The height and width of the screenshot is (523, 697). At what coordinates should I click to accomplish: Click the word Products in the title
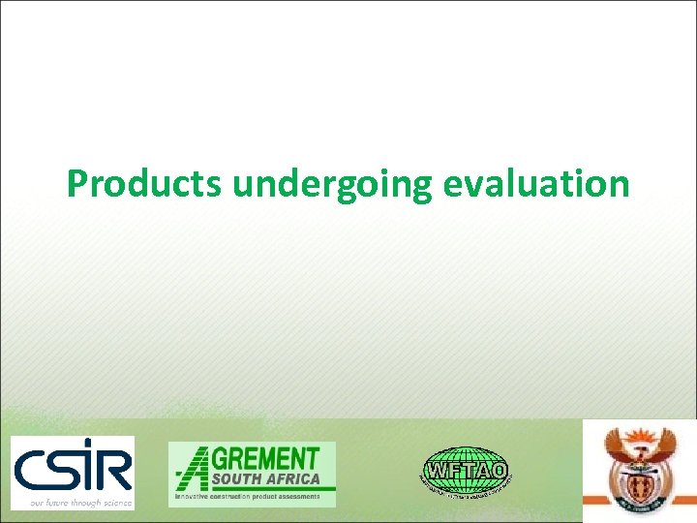tap(143, 182)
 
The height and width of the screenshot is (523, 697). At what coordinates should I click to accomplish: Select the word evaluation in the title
tap(537, 182)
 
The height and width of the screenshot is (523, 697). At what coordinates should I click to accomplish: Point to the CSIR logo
tap(72, 472)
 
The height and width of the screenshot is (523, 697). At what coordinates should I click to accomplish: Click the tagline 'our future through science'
tap(72, 502)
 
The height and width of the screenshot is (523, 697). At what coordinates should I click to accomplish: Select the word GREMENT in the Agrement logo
tap(270, 458)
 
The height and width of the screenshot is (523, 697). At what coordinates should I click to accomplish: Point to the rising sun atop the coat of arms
tap(640, 435)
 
